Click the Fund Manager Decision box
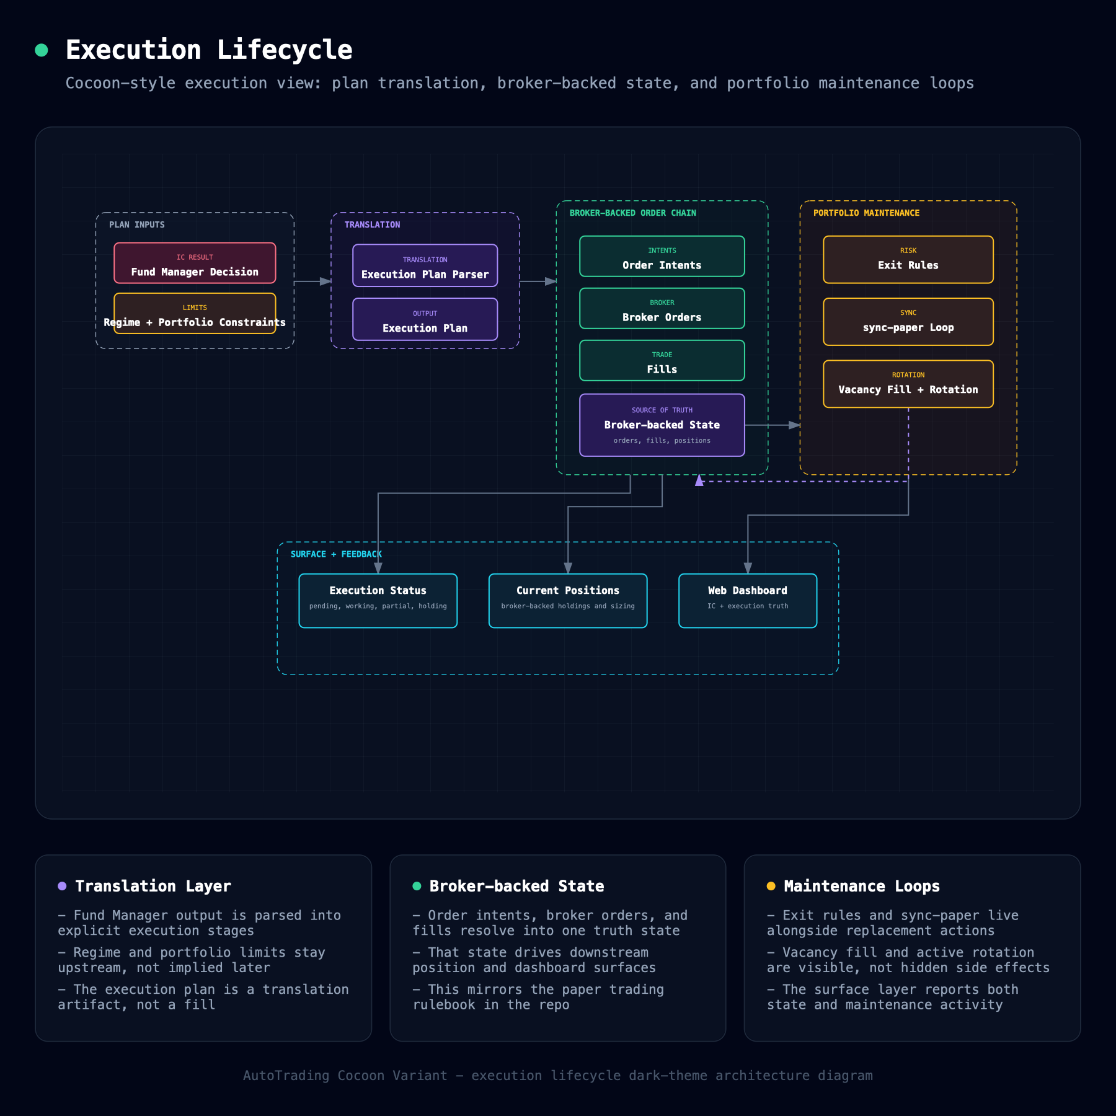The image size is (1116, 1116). click(195, 263)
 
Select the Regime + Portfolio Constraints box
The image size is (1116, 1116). click(195, 313)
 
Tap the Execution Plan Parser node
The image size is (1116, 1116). click(425, 265)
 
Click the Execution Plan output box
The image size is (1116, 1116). click(425, 319)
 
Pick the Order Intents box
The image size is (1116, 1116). click(662, 256)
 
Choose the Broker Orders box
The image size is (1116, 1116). click(662, 308)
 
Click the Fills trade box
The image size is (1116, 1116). click(662, 360)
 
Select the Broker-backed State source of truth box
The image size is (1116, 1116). click(662, 425)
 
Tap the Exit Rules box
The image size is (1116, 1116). click(908, 259)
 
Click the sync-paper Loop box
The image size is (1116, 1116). click(908, 322)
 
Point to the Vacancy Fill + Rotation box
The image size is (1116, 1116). click(908, 384)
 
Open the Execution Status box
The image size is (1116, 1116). click(378, 601)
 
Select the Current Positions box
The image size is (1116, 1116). click(567, 601)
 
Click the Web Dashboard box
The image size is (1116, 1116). click(747, 601)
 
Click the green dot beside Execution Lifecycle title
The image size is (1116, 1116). click(42, 50)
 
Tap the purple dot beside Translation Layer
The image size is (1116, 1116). click(62, 886)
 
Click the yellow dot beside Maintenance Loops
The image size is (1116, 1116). click(771, 886)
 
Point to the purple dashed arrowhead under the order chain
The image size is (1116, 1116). click(699, 480)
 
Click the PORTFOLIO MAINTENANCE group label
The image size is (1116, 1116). click(866, 213)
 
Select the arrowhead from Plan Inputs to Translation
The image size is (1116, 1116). click(325, 281)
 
